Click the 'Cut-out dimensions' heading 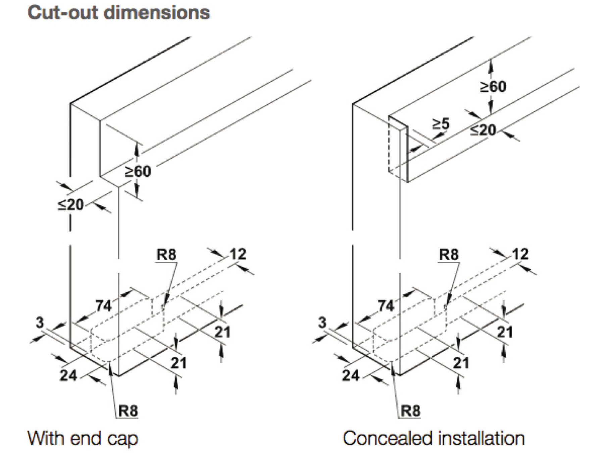point(118,13)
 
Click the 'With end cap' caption point(83,439)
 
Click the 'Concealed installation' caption point(434,439)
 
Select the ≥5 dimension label point(441,124)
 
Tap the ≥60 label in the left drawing point(138,171)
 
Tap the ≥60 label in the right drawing point(493,87)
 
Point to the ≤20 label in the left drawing point(71,204)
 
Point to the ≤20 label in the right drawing point(483,130)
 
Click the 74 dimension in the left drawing point(103,306)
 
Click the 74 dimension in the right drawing point(386,306)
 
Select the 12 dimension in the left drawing point(238,254)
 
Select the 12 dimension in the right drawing point(520,254)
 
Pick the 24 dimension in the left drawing point(68,375)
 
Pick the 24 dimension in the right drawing point(351,375)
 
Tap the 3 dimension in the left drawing point(40,322)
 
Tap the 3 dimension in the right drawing point(322,322)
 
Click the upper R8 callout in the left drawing point(166,255)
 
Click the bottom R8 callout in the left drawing point(128,411)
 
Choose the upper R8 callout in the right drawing point(449,255)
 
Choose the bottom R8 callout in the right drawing point(410,411)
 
